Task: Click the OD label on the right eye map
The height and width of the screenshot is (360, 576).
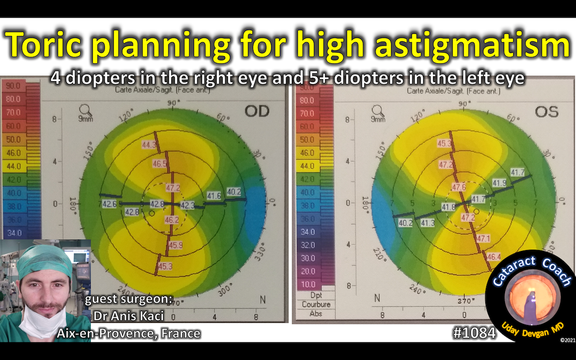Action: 257,111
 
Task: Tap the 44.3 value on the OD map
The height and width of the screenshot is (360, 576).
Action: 149,144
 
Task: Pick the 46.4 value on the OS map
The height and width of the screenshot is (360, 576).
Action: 493,256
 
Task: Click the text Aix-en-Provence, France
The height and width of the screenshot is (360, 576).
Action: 128,333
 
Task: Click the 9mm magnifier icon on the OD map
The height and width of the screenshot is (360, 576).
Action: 86,111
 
